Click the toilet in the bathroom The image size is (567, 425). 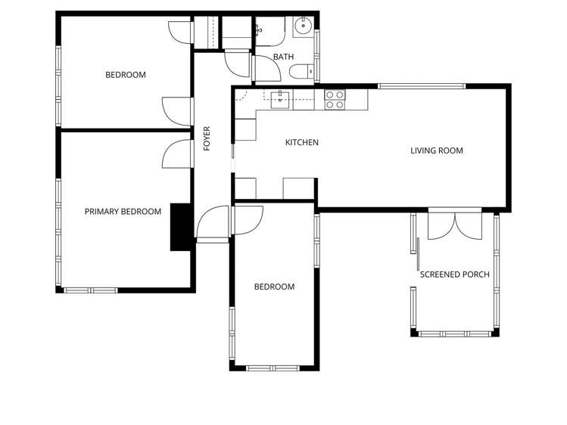[x=300, y=72]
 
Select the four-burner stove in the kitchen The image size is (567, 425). [x=335, y=100]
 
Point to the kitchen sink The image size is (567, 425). [x=281, y=96]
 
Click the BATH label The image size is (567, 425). [x=283, y=57]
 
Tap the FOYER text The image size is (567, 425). [x=207, y=138]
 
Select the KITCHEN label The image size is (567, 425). [x=301, y=142]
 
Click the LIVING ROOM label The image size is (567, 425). [x=436, y=150]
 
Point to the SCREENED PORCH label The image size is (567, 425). [x=454, y=275]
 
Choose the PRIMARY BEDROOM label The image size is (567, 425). [x=123, y=212]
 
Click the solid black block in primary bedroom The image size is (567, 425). [x=180, y=227]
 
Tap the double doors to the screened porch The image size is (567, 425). [x=454, y=225]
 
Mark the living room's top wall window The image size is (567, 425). [x=422, y=86]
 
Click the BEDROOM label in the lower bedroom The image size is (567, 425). [x=274, y=287]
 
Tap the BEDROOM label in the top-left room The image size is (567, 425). [x=125, y=75]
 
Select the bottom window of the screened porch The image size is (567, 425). [x=455, y=333]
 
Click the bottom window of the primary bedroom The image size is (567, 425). [x=89, y=290]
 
